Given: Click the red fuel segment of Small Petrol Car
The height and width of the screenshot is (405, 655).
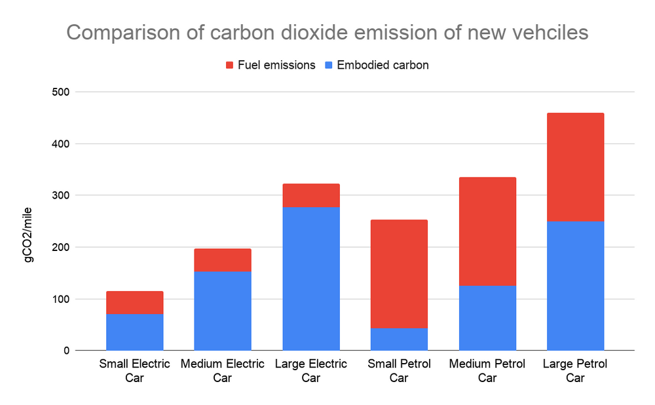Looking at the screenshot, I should (399, 274).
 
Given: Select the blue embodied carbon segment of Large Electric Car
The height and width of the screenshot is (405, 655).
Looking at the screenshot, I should (310, 279).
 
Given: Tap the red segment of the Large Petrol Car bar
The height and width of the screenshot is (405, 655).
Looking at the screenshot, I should (575, 167).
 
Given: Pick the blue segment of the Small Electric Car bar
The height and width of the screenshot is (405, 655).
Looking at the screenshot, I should (134, 332).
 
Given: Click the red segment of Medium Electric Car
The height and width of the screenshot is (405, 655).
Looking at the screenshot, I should (223, 260).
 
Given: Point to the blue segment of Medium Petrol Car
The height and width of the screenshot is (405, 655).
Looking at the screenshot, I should (487, 318).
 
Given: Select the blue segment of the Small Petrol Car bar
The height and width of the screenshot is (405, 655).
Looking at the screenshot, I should (399, 339).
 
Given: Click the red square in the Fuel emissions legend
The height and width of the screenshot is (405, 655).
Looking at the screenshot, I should (229, 66).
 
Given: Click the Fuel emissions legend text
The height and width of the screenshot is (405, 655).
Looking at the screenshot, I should (276, 66).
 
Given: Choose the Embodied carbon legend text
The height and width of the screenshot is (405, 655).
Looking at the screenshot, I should (383, 66).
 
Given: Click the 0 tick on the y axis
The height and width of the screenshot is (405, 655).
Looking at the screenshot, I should (67, 351).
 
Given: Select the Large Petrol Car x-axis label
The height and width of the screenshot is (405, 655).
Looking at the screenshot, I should (575, 370).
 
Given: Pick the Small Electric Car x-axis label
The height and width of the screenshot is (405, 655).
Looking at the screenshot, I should (134, 370).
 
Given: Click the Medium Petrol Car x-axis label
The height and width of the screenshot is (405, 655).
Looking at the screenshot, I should (487, 370).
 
